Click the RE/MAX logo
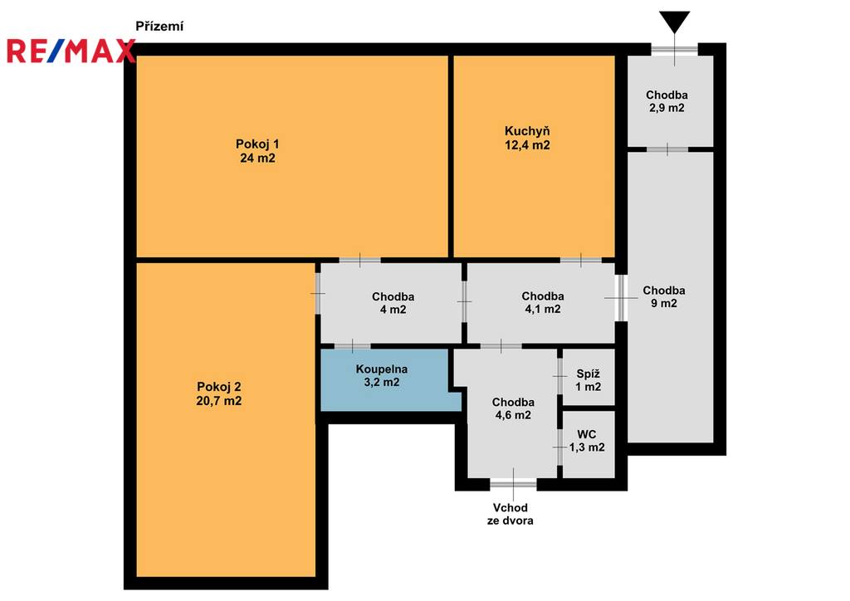(71, 51)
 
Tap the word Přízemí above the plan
(159, 26)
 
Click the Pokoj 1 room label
(257, 144)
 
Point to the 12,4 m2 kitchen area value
(527, 145)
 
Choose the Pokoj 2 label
(219, 387)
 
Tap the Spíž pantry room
(589, 377)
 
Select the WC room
(589, 444)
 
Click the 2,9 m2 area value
(667, 108)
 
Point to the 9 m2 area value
(664, 304)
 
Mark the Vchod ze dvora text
(510, 515)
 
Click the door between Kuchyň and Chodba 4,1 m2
(580, 261)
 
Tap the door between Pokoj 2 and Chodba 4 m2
(318, 294)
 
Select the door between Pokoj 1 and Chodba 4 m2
(360, 261)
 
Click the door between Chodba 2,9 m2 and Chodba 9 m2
(667, 149)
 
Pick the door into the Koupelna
(352, 346)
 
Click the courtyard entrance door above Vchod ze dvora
(513, 482)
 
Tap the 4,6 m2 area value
(513, 415)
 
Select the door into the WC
(559, 447)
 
